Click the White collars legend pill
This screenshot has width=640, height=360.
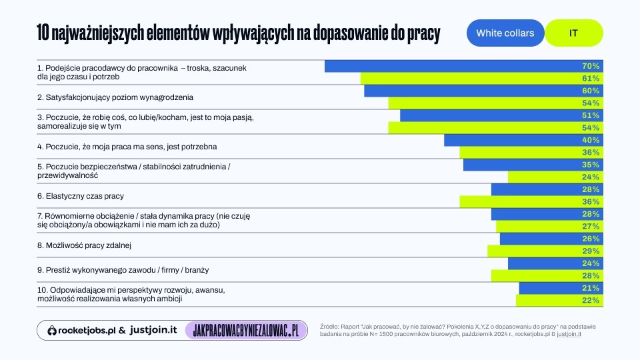505,33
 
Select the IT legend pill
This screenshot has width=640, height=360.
574,33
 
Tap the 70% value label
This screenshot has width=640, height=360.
591,66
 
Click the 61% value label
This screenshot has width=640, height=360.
591,79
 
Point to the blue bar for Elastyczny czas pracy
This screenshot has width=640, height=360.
547,189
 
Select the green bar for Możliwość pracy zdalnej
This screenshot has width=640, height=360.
545,251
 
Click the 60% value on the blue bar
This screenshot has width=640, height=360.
591,91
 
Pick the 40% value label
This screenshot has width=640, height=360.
591,140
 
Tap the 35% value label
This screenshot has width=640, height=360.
591,165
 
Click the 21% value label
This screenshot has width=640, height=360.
591,288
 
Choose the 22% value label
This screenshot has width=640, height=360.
591,300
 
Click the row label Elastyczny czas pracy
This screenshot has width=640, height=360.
81,196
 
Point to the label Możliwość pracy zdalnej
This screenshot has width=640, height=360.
84,245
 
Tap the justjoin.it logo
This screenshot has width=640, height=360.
153,330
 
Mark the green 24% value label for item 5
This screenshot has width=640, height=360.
591,177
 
